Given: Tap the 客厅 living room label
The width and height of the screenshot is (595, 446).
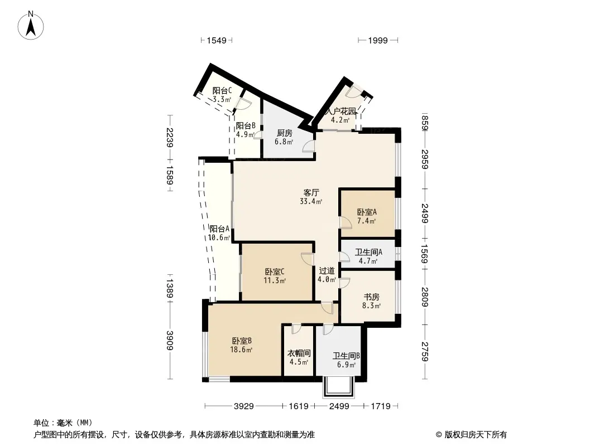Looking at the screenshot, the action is coord(311,192).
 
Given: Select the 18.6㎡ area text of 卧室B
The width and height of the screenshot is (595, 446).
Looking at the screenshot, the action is coord(241,350).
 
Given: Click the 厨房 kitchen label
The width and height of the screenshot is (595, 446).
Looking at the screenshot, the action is coord(284,133).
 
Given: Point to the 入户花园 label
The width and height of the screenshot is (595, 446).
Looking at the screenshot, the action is coord(341,111).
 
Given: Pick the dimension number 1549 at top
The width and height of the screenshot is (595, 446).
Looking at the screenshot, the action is coord(217,40).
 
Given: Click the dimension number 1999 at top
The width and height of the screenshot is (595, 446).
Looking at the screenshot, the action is coord(378,40).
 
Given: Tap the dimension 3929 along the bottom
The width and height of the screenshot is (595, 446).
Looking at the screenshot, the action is coord(243,406).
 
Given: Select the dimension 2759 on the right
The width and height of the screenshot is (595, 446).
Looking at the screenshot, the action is coord(425,352).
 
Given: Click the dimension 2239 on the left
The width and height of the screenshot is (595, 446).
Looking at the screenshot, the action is coord(170,138).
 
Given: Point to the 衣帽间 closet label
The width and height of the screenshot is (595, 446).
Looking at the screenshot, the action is coord(299,353).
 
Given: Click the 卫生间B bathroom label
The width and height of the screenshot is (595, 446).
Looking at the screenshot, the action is coord(346,356).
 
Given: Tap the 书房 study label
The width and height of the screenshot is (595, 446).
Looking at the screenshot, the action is coord(371,297).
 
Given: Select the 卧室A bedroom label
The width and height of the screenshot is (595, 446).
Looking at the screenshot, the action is coord(367,212).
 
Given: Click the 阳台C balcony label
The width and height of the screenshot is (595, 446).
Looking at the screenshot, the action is coord(222,90).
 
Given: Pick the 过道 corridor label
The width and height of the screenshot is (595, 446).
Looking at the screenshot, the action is coord(327,270).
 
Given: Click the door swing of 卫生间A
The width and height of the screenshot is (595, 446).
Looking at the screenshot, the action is coord(345,256).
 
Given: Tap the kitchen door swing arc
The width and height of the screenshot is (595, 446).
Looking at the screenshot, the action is coord(309,146).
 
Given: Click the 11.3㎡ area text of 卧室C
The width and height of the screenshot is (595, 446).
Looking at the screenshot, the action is coord(275,280).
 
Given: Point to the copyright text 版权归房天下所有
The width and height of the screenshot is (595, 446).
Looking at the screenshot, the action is coord(476,435).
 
